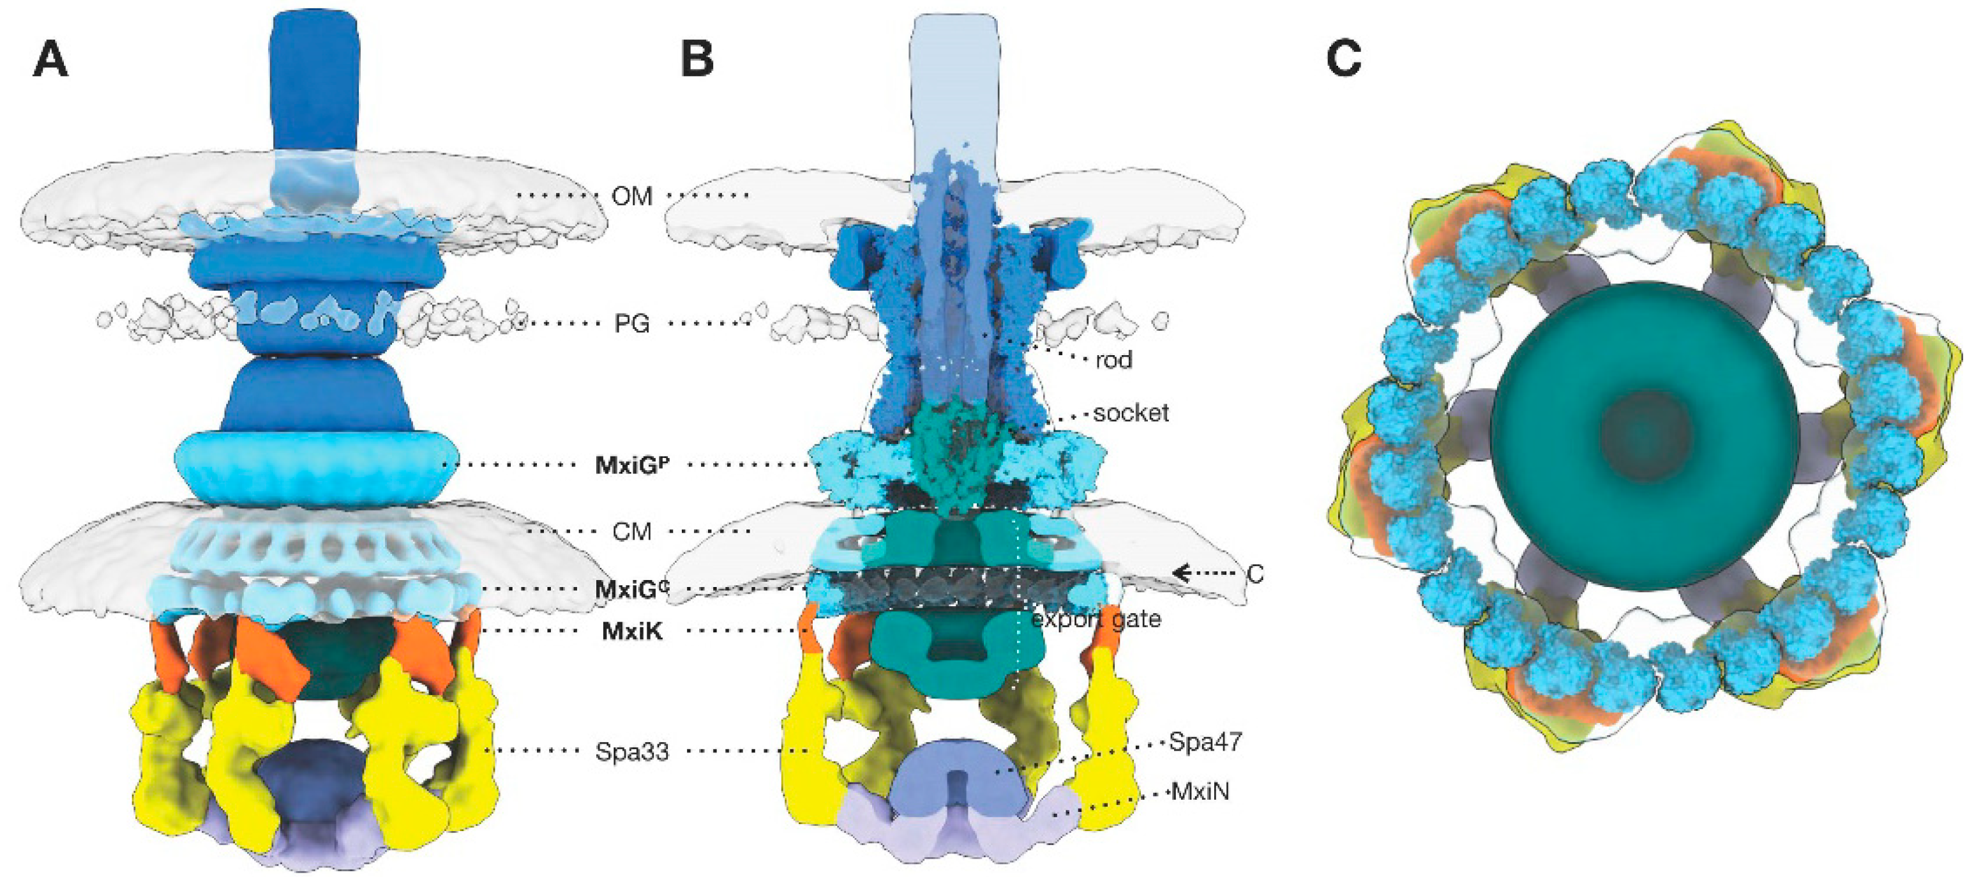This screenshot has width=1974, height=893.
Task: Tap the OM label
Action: (631, 196)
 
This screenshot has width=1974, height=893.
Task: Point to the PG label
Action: (631, 323)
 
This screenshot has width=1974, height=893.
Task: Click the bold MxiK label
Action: (632, 631)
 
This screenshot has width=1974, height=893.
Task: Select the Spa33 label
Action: (631, 752)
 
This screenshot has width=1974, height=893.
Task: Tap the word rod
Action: (1113, 360)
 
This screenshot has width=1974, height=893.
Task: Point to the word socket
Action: (1130, 413)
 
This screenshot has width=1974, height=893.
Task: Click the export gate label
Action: (1096, 618)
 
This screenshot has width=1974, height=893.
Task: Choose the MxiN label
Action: (1200, 791)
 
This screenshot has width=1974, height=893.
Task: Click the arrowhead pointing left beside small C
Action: (1182, 572)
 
